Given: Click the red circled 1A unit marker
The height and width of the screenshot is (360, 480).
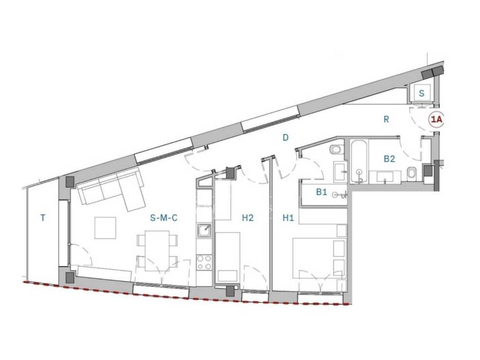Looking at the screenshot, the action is pyautogui.click(x=437, y=120).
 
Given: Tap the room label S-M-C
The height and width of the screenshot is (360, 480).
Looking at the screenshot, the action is pyautogui.click(x=164, y=218).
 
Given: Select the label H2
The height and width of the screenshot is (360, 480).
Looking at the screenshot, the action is pyautogui.click(x=247, y=218).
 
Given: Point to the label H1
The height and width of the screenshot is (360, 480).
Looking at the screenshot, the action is pyautogui.click(x=288, y=218).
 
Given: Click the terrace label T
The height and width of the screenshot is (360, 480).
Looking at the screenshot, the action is pyautogui.click(x=43, y=218).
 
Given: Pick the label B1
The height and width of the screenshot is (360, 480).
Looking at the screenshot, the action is pyautogui.click(x=322, y=192).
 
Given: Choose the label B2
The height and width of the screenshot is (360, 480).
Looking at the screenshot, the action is pyautogui.click(x=390, y=159).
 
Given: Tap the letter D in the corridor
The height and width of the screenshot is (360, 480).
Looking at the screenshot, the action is pyautogui.click(x=285, y=138).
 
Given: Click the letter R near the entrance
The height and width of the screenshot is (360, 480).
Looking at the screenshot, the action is pyautogui.click(x=386, y=120).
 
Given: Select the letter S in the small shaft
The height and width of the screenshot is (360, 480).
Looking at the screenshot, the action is pyautogui.click(x=422, y=93).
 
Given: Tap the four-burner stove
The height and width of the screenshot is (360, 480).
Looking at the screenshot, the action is pyautogui.click(x=204, y=262).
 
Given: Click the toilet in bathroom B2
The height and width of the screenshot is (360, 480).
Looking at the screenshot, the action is pyautogui.click(x=411, y=173).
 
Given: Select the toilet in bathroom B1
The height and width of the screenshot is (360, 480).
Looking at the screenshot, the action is pyautogui.click(x=337, y=150).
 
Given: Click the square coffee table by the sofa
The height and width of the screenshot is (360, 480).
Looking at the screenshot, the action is pyautogui.click(x=105, y=228).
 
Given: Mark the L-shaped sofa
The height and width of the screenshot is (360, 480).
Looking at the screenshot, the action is pyautogui.click(x=112, y=190).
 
